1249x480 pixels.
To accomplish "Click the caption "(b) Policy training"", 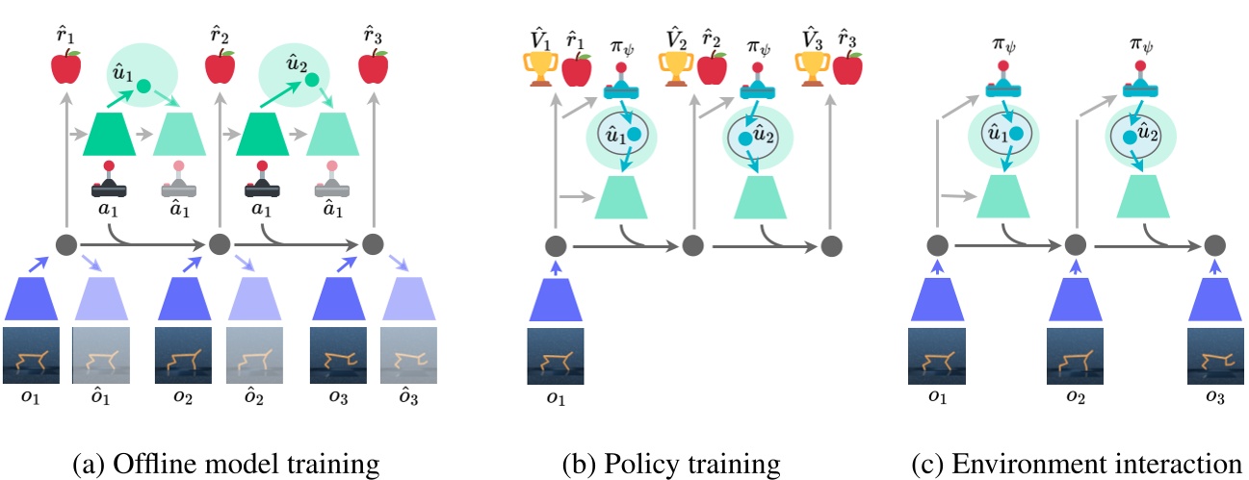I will coord(670,465).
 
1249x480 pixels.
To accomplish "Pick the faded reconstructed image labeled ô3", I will coord(408,357).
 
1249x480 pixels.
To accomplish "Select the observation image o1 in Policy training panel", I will coord(555,357).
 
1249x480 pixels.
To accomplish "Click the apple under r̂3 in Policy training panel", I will coord(848,68).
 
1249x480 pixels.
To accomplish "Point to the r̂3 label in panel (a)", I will coord(374,38).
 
